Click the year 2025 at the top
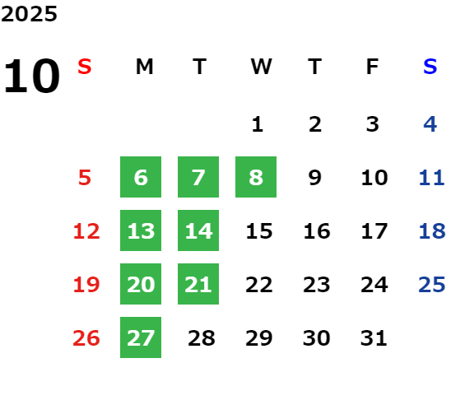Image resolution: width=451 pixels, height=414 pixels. click(x=29, y=14)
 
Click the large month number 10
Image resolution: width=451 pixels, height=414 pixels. click(x=31, y=76)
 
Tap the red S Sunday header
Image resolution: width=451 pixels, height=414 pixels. click(x=85, y=67)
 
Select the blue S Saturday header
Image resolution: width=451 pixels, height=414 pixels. click(x=430, y=67)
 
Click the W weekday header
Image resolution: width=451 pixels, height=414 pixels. click(x=261, y=67)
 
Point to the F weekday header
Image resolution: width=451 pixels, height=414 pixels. click(x=373, y=67)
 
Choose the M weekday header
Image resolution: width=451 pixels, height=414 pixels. click(x=144, y=67)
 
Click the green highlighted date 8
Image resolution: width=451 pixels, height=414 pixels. click(x=256, y=177)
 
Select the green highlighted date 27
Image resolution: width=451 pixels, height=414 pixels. click(x=141, y=337)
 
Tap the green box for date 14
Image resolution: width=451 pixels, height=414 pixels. click(x=198, y=230)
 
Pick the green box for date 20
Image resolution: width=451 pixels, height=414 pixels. click(x=141, y=284)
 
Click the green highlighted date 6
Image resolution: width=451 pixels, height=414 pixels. click(x=141, y=177)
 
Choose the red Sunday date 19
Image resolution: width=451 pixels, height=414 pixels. click(x=86, y=285)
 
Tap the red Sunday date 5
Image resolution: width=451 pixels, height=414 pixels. click(x=85, y=178)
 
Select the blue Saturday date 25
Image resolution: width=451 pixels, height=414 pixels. click(x=432, y=285)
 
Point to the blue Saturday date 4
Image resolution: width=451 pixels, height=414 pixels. click(x=430, y=124)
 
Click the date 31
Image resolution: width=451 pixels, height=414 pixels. click(x=374, y=338)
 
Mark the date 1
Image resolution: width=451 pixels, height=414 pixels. click(x=258, y=124)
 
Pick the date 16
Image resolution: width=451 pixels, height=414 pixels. click(x=317, y=231)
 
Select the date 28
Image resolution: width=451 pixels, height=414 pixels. click(x=202, y=338)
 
